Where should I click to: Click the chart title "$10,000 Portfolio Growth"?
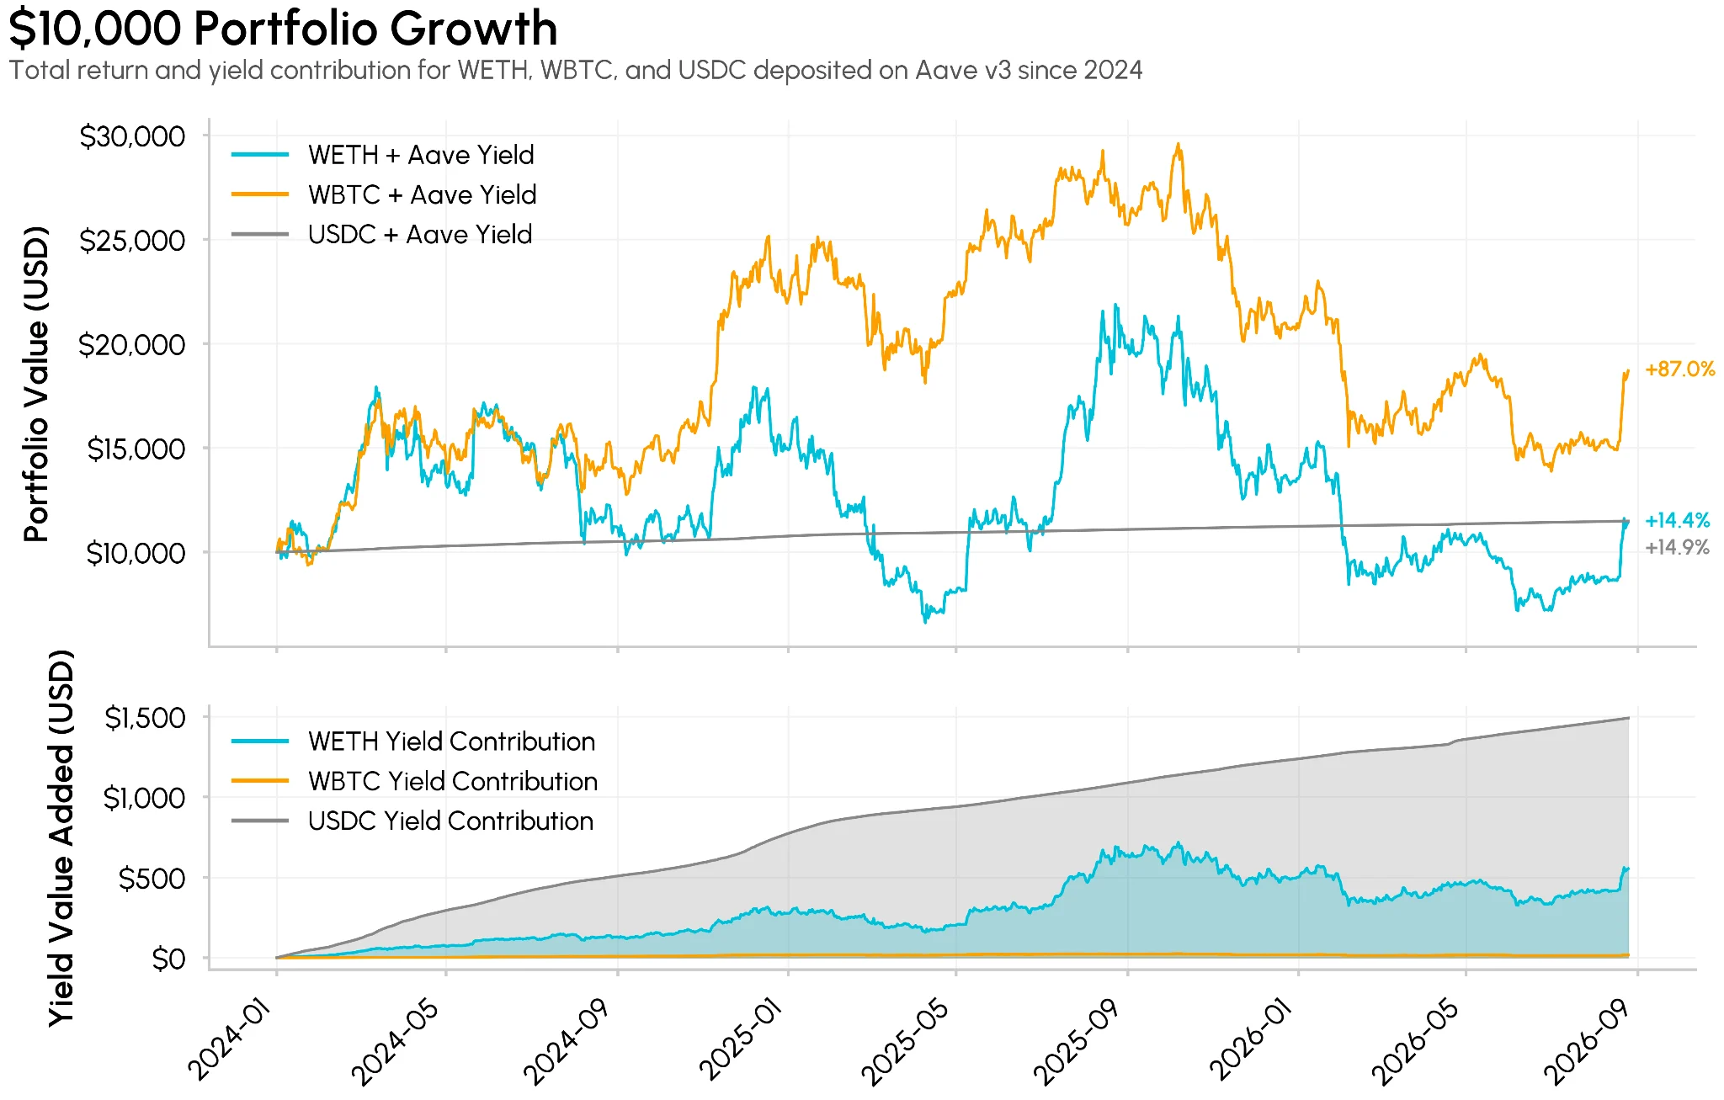click(283, 28)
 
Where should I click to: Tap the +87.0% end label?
click(1679, 369)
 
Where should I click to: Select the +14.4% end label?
click(1677, 520)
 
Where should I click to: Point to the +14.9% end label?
click(1677, 548)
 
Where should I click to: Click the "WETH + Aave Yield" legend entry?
click(383, 155)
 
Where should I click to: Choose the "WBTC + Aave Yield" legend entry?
click(384, 194)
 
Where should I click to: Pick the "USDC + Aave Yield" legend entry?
click(382, 234)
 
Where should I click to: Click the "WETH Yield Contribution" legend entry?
click(413, 741)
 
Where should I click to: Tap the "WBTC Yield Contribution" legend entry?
click(415, 781)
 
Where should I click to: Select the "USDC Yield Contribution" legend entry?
click(412, 821)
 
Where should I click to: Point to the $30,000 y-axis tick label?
click(132, 136)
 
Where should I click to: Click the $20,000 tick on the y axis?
click(132, 345)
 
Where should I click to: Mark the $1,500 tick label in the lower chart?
click(145, 718)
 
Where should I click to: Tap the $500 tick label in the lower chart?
click(152, 879)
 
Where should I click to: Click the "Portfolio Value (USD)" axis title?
click(36, 384)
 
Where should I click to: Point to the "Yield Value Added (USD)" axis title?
click(61, 838)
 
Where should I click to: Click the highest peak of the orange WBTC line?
click(1179, 144)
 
